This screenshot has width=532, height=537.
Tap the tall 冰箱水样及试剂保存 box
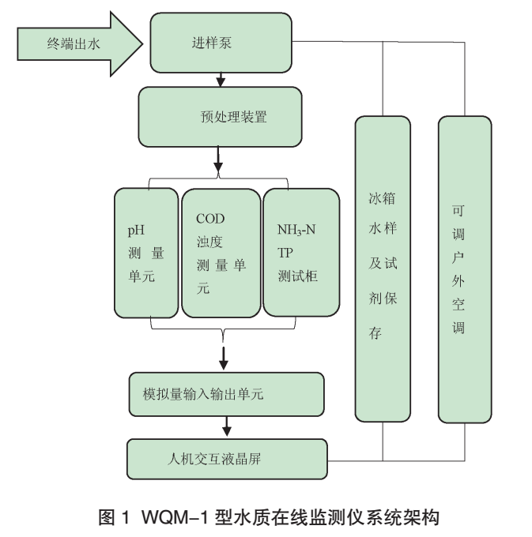click(383, 268)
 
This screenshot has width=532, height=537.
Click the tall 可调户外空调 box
click(465, 268)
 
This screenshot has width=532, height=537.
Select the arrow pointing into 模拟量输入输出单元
click(224, 357)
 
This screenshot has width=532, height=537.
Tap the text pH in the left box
click(136, 231)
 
